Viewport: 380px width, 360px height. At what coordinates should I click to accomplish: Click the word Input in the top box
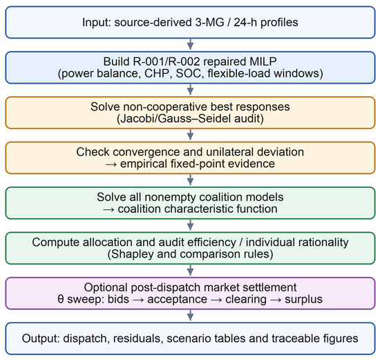tap(97, 23)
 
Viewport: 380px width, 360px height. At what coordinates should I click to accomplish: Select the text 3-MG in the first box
tap(209, 23)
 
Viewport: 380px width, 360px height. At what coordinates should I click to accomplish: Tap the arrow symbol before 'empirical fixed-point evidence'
tap(111, 164)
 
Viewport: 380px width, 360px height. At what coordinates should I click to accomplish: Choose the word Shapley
tap(132, 254)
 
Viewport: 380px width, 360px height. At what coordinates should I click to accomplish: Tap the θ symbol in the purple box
tap(61, 299)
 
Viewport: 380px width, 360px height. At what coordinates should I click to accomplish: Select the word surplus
tap(304, 300)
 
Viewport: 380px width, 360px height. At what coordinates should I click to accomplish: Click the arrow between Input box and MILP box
tap(191, 44)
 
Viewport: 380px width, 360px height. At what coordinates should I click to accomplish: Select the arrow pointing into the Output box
tap(191, 315)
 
